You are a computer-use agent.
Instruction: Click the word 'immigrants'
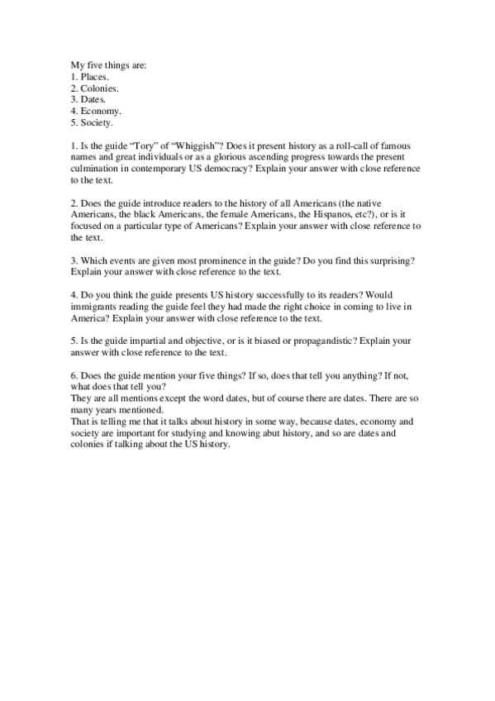point(93,307)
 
